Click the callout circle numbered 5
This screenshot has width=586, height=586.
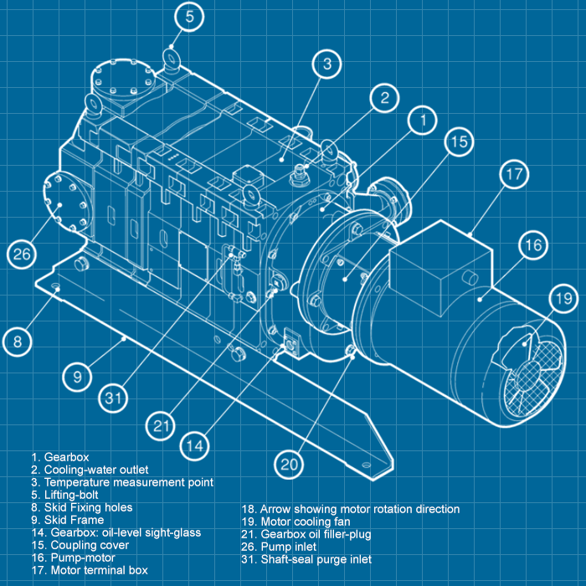click(x=190, y=16)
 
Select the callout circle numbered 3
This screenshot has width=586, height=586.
click(x=327, y=64)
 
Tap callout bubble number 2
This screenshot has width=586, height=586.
click(x=384, y=98)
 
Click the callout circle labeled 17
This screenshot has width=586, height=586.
click(x=513, y=176)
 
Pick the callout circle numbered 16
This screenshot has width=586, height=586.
click(x=533, y=246)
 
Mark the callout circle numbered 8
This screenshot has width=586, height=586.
click(x=17, y=341)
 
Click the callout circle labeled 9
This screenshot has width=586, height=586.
click(x=77, y=377)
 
